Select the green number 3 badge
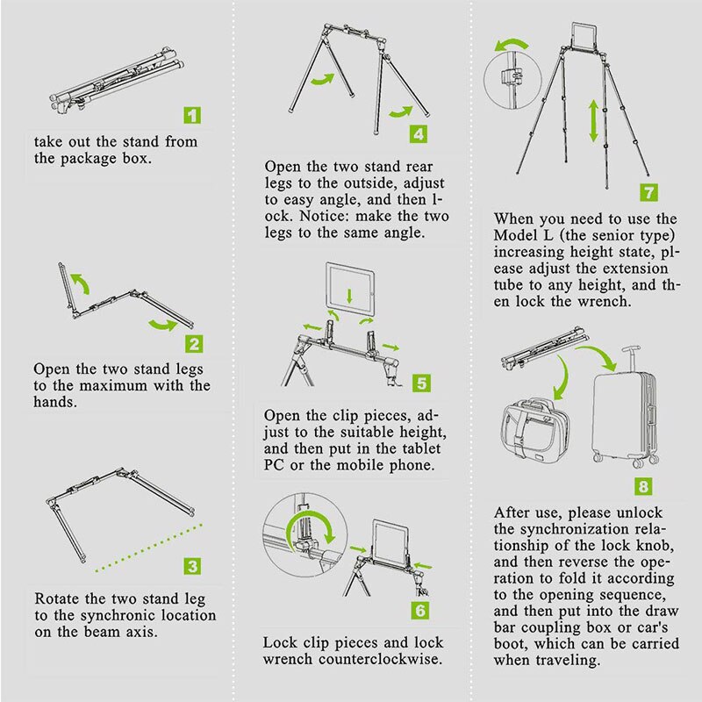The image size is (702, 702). pyautogui.click(x=193, y=566)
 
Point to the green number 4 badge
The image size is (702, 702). pyautogui.click(x=419, y=134)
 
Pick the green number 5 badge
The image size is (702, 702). pyautogui.click(x=421, y=383)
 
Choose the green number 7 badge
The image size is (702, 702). pyautogui.click(x=648, y=192)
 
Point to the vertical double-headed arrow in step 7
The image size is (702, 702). pyautogui.click(x=594, y=121)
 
